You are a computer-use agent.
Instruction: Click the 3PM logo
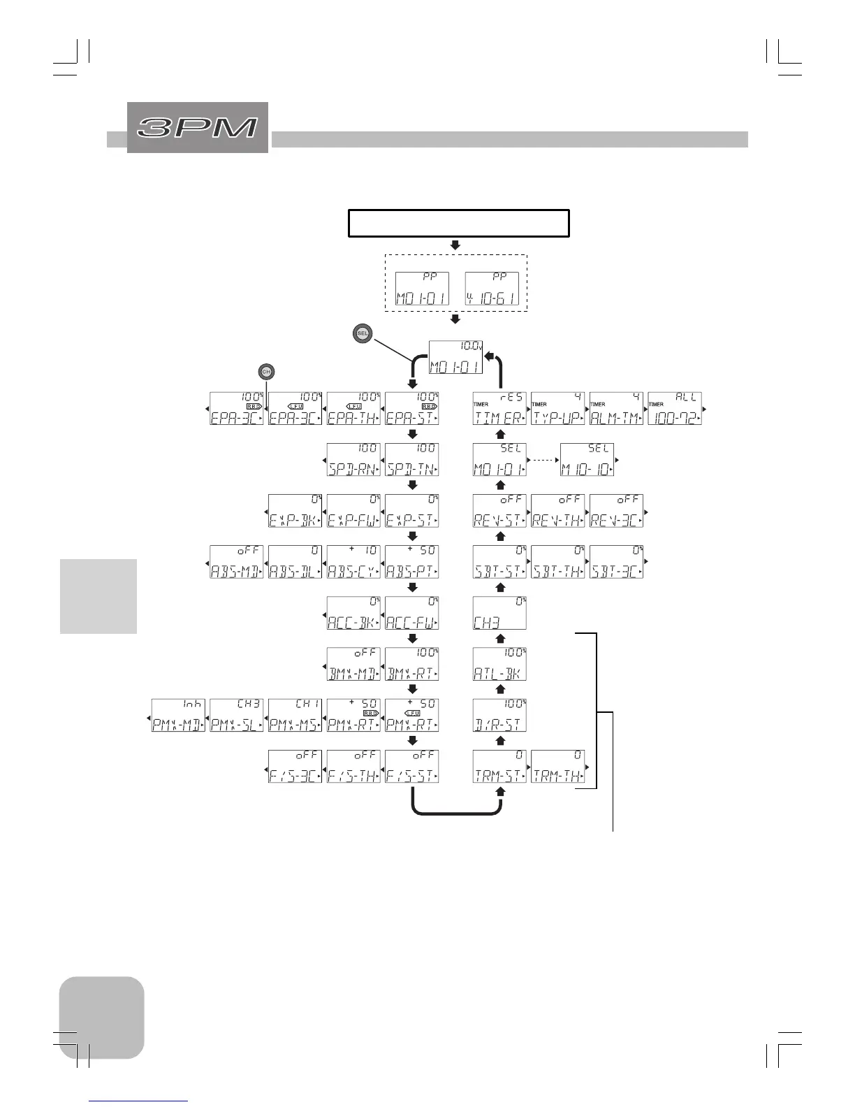tap(198, 127)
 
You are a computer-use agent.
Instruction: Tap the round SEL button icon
tap(362, 333)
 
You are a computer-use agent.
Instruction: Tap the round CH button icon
tap(265, 372)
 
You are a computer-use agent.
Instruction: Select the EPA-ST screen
tap(412, 409)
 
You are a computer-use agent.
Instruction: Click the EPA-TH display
tap(353, 409)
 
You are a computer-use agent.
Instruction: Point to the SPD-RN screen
tap(353, 460)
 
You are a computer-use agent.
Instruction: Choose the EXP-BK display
tap(295, 511)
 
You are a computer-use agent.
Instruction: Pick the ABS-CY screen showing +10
tap(353, 562)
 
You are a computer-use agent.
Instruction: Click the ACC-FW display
tap(412, 613)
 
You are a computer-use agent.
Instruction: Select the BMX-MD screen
tap(353, 664)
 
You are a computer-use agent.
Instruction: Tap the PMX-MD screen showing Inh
tap(178, 715)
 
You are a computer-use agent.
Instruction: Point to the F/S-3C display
tap(295, 766)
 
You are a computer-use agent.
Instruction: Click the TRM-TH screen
tap(557, 766)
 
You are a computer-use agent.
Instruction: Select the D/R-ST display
tap(499, 715)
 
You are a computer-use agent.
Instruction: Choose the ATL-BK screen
tap(499, 664)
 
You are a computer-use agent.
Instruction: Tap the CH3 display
tap(499, 613)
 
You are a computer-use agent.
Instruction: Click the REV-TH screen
tap(557, 511)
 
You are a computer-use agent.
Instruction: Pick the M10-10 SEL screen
tap(587, 460)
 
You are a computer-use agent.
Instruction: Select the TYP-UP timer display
tap(557, 409)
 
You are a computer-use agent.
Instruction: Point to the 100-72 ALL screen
tap(674, 409)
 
